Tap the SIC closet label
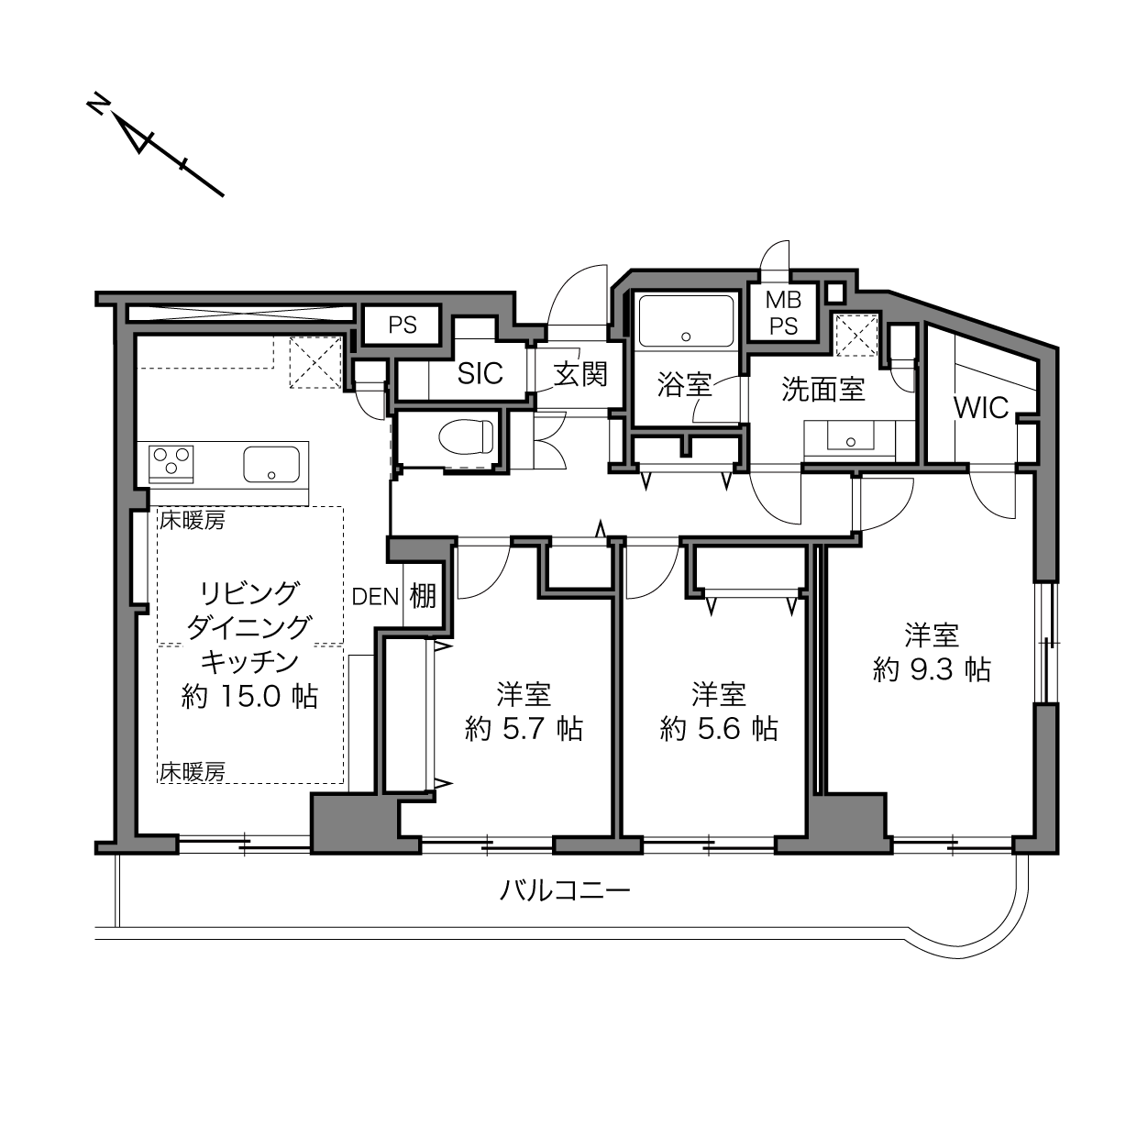[480, 373]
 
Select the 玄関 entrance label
[580, 373]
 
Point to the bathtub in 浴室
[685, 320]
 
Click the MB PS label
[784, 313]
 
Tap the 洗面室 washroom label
[822, 389]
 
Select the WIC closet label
[980, 407]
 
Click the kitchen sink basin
[272, 464]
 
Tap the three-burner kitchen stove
[171, 459]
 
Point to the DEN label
[376, 596]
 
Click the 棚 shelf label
[423, 596]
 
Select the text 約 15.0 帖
[249, 696]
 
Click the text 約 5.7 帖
[524, 729]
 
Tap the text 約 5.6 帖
[719, 729]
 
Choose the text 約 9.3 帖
[932, 669]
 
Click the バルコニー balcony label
[565, 889]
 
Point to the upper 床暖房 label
[193, 522]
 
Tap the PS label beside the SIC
[403, 325]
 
